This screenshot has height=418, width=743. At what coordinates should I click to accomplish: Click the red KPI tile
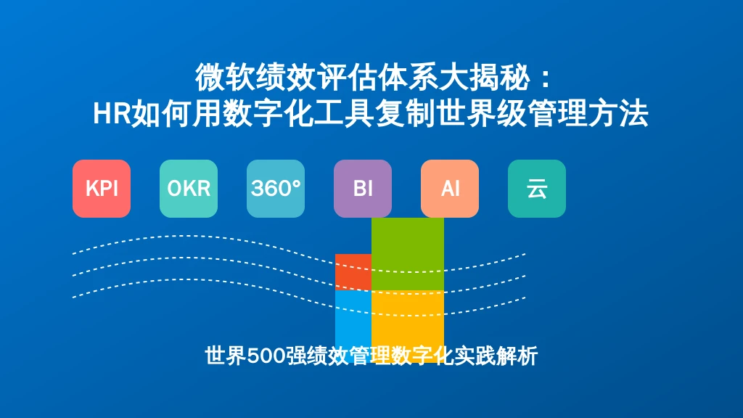pos(102,189)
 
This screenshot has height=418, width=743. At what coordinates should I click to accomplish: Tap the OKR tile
pos(189,189)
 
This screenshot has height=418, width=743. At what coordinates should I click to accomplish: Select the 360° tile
pos(276,189)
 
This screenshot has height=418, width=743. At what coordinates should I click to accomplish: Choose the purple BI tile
pos(363,189)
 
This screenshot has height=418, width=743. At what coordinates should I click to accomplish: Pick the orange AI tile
pos(450,189)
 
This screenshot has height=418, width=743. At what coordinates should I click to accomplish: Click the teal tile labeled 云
pos(537,189)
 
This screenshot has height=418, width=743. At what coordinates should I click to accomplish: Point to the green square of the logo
pos(408,254)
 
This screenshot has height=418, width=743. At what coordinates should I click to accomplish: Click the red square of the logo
pos(353,272)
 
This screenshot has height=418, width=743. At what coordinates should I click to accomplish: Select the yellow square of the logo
pos(408,327)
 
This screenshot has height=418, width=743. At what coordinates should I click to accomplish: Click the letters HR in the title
pos(112,114)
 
